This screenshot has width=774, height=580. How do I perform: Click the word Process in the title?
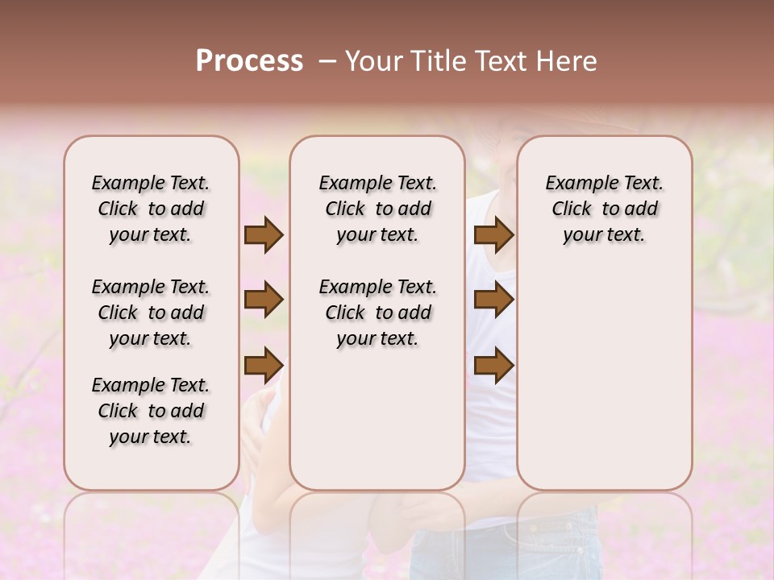click(x=249, y=61)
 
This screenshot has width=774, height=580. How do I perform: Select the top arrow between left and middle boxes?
click(x=264, y=235)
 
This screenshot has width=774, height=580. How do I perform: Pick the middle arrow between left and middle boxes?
click(x=264, y=300)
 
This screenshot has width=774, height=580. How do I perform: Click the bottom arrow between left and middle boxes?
click(x=264, y=366)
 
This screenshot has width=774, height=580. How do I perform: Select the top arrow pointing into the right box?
click(x=493, y=235)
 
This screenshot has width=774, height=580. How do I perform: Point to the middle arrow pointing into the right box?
click(x=493, y=300)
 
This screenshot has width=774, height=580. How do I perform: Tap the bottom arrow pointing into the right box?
click(x=493, y=366)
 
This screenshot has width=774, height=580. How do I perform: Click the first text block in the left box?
click(x=151, y=209)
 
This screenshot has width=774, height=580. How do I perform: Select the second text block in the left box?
click(x=151, y=313)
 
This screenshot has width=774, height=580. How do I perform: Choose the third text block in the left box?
click(x=151, y=411)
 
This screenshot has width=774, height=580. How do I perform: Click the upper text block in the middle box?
click(x=377, y=209)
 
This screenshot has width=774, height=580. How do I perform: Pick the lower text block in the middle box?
click(x=377, y=313)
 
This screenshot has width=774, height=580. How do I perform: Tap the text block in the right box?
click(x=604, y=209)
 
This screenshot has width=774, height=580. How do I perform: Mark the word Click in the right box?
click(x=572, y=209)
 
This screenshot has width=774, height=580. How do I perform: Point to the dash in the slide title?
click(x=327, y=62)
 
